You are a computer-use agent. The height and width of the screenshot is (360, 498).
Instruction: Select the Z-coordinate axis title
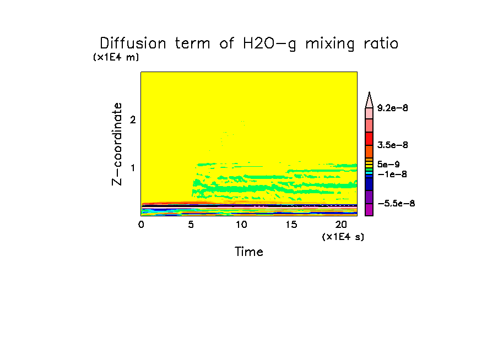117,147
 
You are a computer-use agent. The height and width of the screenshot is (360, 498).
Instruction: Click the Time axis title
249,252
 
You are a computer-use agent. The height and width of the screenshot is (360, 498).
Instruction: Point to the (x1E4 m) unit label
116,57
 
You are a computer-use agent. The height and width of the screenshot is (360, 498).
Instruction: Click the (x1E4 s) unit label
343,237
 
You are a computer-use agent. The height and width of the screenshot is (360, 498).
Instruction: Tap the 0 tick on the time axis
141,225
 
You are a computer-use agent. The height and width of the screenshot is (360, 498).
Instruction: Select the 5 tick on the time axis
191,225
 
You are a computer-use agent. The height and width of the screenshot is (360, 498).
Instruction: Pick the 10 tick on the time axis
241,225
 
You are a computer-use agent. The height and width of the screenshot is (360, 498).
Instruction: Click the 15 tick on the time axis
290,225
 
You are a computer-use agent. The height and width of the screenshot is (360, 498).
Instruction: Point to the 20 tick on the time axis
340,225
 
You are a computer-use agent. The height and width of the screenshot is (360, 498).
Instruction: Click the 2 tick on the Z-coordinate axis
132,119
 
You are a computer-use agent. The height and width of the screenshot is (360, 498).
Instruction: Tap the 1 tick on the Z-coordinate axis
132,167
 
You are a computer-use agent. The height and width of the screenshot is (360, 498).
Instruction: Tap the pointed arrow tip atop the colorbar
369,94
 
